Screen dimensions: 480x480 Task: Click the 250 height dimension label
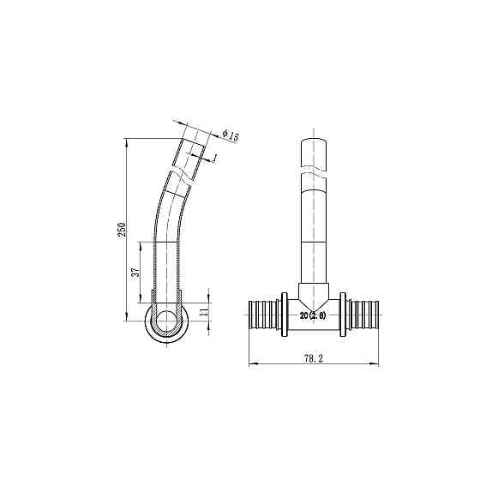pos(122,231)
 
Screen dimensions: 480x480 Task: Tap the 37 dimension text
pos(135,273)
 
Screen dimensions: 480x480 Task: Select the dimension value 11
pos(203,313)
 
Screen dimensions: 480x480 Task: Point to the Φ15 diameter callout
pos(229,135)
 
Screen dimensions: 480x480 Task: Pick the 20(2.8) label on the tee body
pos(314,315)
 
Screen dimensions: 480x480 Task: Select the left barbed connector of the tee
pos(262,315)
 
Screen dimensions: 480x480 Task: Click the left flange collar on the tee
pos(284,315)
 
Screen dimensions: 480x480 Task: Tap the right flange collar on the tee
pos(344,315)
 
